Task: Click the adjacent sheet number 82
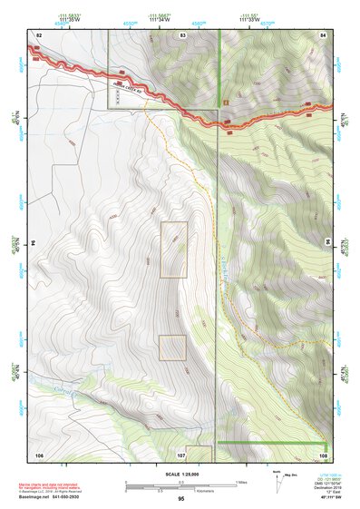pyautogui.click(x=39, y=34)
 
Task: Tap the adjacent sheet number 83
pyautogui.click(x=182, y=34)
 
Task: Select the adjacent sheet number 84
pyautogui.click(x=322, y=34)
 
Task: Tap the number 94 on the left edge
pyautogui.click(x=34, y=243)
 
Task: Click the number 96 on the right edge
pyautogui.click(x=327, y=243)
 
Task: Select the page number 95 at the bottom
pyautogui.click(x=180, y=499)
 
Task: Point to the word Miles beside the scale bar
pyautogui.click(x=242, y=481)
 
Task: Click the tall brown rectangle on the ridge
pyautogui.click(x=173, y=250)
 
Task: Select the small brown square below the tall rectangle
pyautogui.click(x=171, y=347)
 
